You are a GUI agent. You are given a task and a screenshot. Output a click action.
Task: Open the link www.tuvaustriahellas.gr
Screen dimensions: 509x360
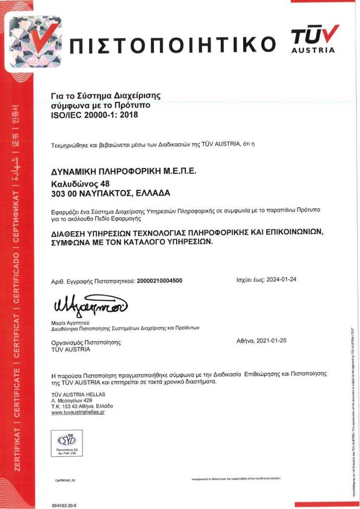78,413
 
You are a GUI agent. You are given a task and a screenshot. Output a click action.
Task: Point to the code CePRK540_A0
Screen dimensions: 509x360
65,481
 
